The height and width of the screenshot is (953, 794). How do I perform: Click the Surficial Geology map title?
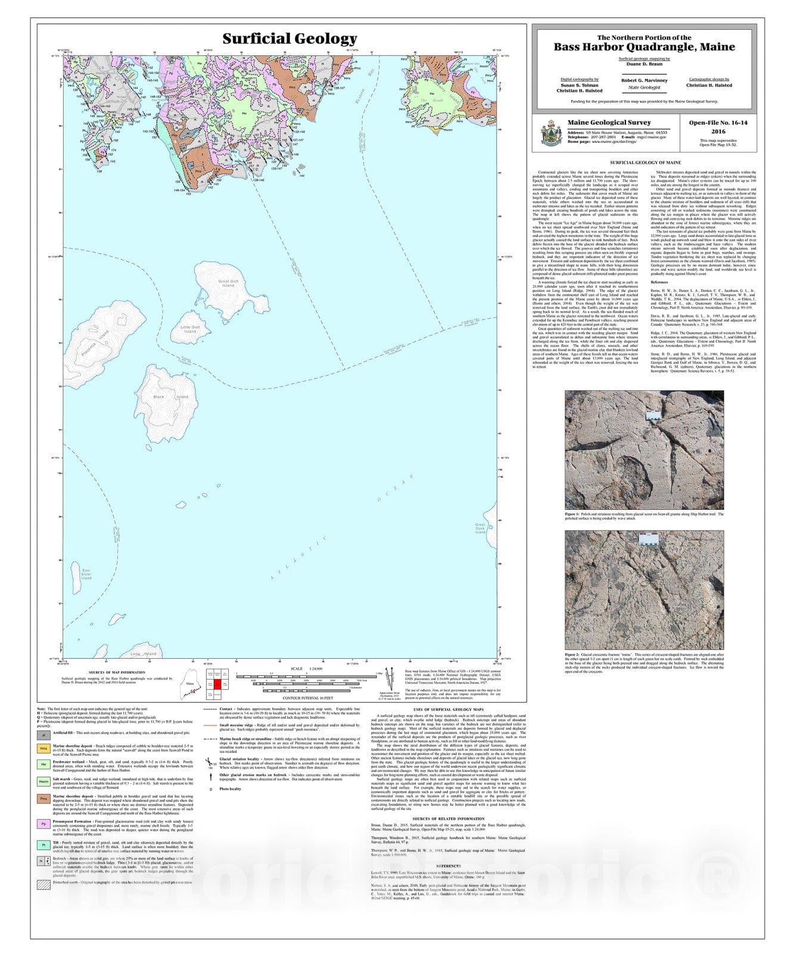click(289, 39)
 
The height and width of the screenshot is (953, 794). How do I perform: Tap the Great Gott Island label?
click(228, 283)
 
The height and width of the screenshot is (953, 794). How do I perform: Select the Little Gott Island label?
click(190, 329)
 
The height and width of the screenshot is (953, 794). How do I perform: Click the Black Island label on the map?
click(170, 397)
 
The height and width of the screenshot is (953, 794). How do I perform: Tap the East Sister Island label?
click(86, 574)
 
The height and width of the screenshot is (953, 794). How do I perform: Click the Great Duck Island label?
click(480, 528)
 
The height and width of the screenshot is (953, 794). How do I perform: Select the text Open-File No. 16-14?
click(718, 123)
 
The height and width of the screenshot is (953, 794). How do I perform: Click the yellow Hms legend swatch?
click(43, 749)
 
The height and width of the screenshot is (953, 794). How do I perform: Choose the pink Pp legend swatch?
click(43, 824)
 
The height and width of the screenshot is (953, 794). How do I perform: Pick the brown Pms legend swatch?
click(43, 799)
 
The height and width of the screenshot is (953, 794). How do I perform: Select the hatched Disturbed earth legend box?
click(43, 885)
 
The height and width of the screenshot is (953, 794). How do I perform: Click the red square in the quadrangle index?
click(217, 684)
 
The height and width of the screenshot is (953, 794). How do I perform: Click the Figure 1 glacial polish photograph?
click(644, 450)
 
